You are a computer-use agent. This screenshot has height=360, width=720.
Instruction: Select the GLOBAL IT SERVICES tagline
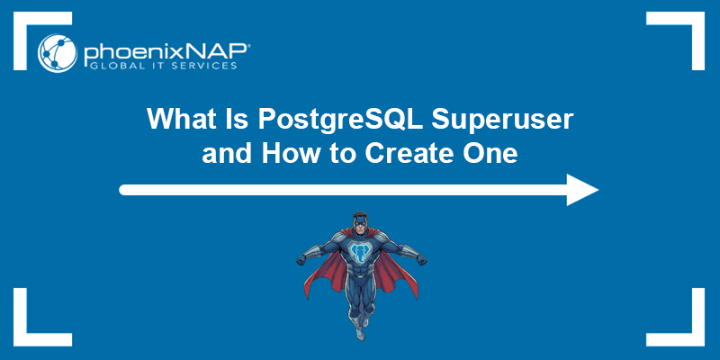click(160, 66)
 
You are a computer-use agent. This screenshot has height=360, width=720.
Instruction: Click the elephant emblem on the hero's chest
click(359, 256)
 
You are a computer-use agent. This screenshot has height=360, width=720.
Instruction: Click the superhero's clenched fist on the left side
click(301, 261)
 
